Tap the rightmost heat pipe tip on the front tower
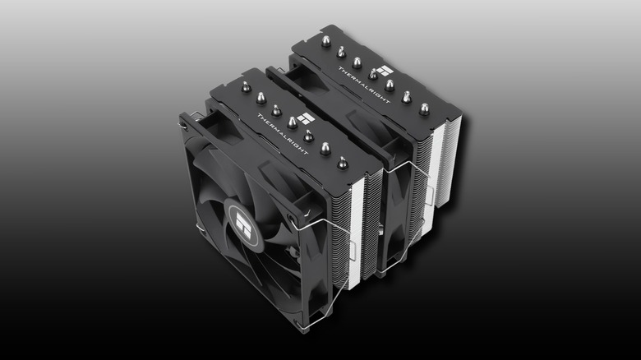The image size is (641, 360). [342, 162]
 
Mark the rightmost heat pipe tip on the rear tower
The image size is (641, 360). [424, 108]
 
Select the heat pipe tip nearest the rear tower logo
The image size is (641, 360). [373, 75]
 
